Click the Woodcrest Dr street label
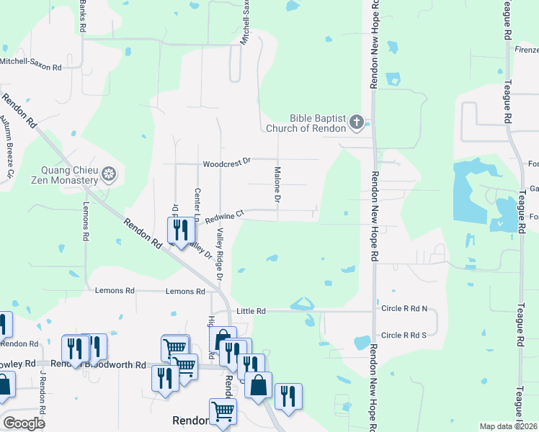226,163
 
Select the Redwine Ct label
225,215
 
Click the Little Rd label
251,311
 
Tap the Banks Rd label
83,14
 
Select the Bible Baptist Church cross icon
356,123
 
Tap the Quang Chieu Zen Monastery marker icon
109,174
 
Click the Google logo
24,423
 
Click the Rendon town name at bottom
190,420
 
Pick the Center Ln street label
197,204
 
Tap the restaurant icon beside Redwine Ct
179,230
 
